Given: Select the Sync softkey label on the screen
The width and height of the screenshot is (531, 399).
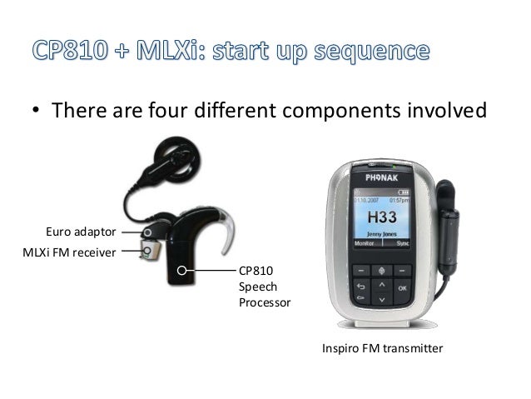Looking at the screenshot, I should pos(404,246).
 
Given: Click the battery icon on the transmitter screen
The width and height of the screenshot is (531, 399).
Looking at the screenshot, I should pos(405,192).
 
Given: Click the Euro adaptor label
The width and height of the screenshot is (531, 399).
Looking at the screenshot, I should pos(79,231).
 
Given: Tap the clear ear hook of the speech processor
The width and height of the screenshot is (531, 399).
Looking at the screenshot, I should pos(235,235).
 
